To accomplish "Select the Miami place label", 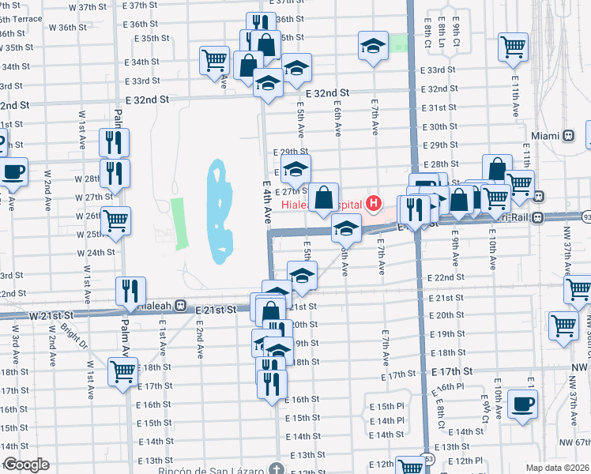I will pyautogui.click(x=546, y=136).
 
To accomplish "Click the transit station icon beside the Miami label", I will pyautogui.click(x=569, y=136).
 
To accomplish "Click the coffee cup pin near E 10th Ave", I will pyautogui.click(x=522, y=404).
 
